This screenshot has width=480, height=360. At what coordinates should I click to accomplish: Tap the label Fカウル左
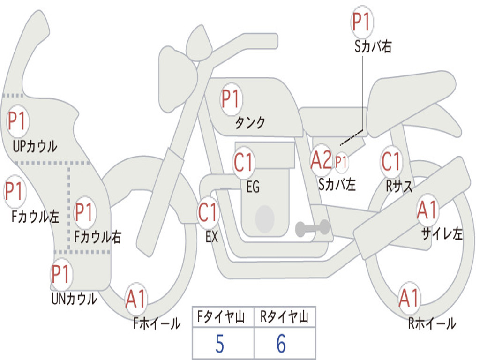point(35,217)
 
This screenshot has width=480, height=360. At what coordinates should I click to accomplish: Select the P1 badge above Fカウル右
point(84,212)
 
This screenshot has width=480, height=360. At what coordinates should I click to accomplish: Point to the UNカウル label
point(74,299)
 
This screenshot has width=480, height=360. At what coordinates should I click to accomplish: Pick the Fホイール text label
point(157,323)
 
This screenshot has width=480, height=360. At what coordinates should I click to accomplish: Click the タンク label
point(250,123)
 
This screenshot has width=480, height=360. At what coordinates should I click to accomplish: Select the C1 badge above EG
point(244,162)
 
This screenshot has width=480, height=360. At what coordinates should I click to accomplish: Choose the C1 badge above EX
point(208,212)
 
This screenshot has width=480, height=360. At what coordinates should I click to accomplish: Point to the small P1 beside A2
point(341,162)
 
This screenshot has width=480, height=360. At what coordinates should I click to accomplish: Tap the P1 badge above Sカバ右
point(362,22)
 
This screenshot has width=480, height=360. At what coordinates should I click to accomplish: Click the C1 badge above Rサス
point(391,161)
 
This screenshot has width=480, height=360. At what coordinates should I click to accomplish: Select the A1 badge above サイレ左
point(427,210)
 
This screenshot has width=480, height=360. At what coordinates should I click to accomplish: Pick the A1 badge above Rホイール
point(409,298)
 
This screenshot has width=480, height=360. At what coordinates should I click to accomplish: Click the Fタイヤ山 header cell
point(223,317)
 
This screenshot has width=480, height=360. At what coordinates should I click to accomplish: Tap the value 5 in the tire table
point(220,344)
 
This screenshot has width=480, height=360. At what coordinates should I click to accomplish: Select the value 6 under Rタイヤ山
point(281,344)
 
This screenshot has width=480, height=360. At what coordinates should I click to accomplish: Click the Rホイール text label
point(432,323)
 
